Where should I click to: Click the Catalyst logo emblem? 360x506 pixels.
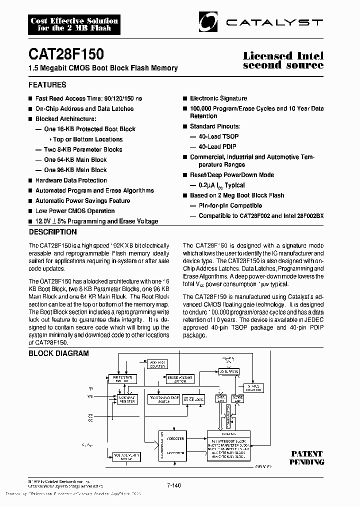tap(209, 22)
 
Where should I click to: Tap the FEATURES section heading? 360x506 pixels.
tap(47, 85)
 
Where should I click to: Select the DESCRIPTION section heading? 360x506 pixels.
tap(53, 232)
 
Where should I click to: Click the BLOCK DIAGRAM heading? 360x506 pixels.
tap(58, 353)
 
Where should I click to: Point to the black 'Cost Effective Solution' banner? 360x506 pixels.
tap(74, 24)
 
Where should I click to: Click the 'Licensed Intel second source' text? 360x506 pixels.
tap(283, 60)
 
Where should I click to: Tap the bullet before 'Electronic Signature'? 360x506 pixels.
tap(185, 98)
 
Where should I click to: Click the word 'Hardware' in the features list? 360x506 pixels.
tap(49, 180)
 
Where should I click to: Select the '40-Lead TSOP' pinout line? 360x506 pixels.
tap(218, 136)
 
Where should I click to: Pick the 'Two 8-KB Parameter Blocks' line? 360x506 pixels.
tap(82, 149)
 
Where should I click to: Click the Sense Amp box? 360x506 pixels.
tap(237, 398)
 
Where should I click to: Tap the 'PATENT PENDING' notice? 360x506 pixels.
tap(306, 457)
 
